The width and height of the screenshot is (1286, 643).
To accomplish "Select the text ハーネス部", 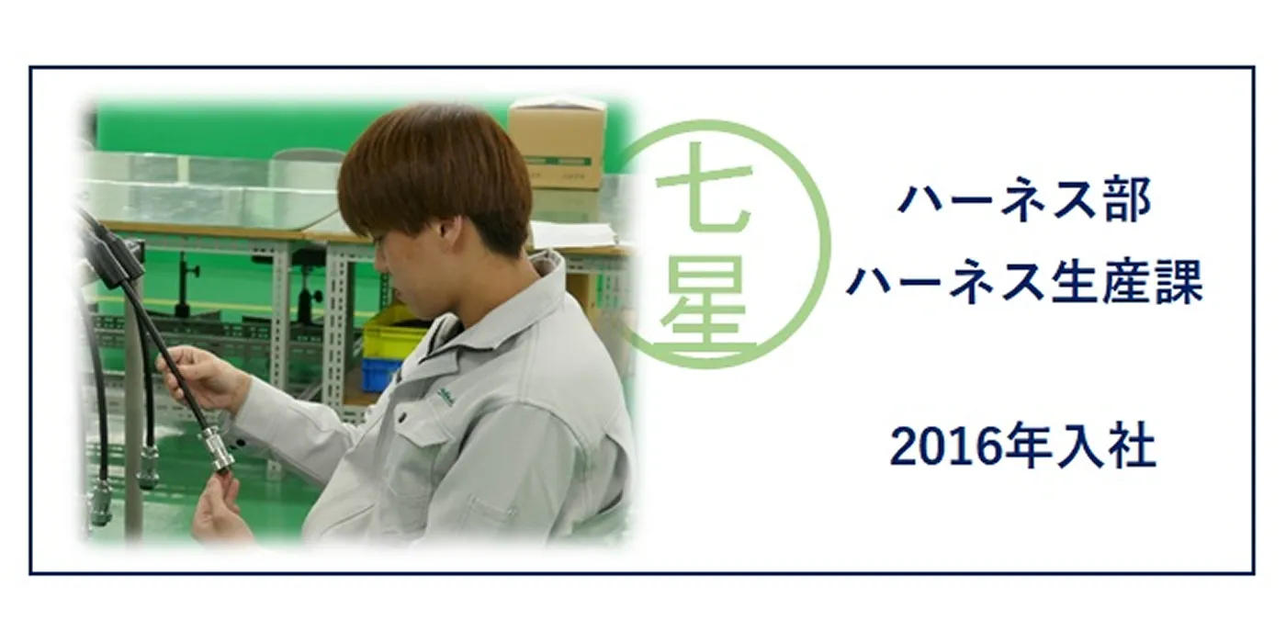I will [x=1024, y=201].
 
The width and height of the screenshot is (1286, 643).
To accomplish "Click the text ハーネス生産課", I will [x=1024, y=282].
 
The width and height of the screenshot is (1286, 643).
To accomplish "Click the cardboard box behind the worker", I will [x=557, y=143].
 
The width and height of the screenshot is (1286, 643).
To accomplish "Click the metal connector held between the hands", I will [x=217, y=449].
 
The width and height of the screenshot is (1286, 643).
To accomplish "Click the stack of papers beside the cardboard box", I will [x=573, y=234].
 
